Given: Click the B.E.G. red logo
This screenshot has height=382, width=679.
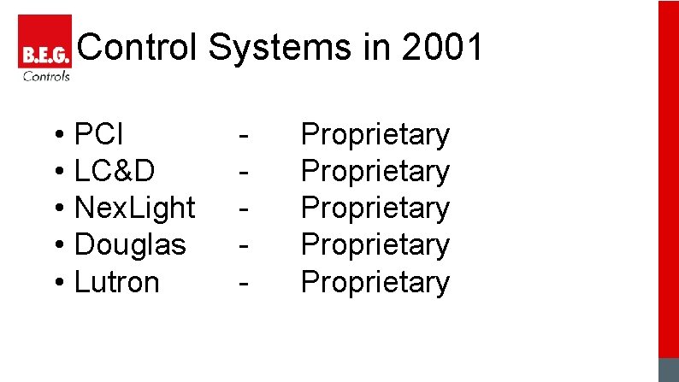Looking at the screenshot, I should pyautogui.click(x=44, y=43).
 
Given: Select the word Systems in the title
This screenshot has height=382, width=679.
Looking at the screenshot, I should pyautogui.click(x=270, y=48).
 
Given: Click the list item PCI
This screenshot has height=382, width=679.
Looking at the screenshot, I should pyautogui.click(x=99, y=134).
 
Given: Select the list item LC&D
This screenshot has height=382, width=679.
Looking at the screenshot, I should pyautogui.click(x=115, y=171).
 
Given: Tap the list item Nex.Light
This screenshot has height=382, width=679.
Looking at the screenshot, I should pyautogui.click(x=135, y=208).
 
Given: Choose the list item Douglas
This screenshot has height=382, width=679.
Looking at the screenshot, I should pyautogui.click(x=130, y=244).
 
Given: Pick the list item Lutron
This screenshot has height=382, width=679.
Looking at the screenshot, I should pyautogui.click(x=117, y=281).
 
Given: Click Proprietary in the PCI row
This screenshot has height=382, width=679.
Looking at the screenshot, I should pyautogui.click(x=375, y=134).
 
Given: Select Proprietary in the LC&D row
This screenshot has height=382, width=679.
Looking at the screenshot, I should pyautogui.click(x=375, y=171).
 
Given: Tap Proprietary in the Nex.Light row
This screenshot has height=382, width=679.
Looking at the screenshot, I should pyautogui.click(x=375, y=208).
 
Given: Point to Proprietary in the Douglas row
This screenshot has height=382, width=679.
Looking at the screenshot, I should pyautogui.click(x=375, y=244).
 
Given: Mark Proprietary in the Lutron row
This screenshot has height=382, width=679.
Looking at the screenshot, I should pyautogui.click(x=375, y=281).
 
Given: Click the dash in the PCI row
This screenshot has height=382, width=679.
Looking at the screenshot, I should pyautogui.click(x=245, y=136).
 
